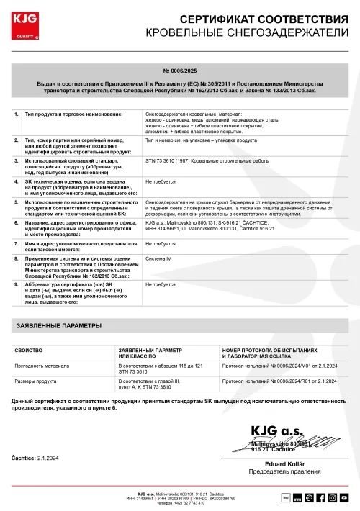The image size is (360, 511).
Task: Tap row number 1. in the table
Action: (x=17, y=114)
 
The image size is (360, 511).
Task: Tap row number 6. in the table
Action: (x=17, y=223)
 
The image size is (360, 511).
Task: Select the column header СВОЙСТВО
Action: (x=30, y=351)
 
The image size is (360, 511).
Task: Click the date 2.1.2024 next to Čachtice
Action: (x=50, y=458)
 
